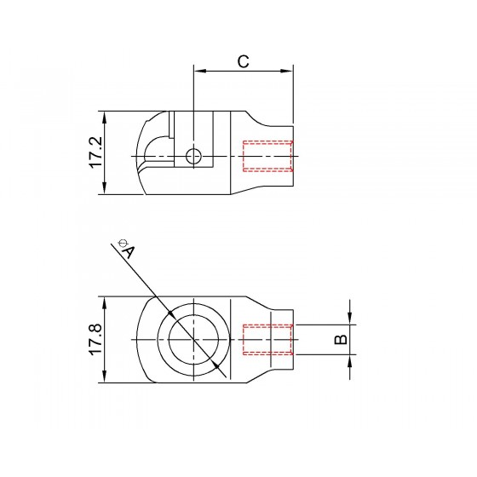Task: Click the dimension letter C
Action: point(243,61)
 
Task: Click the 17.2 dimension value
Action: point(95,152)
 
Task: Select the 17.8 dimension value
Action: point(95,339)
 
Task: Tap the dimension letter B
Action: point(341,340)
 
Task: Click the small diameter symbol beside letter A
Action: point(123,243)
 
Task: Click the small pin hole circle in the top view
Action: point(193,157)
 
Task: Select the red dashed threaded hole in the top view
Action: point(267,156)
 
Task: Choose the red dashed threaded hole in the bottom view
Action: point(267,340)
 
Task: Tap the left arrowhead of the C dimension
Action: point(200,71)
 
